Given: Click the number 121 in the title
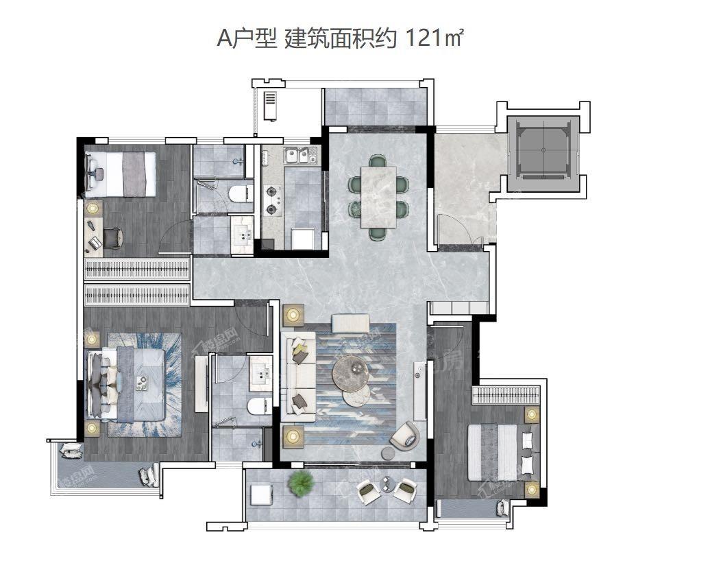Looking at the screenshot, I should pos(425,39).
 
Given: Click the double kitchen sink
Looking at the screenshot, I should pos(300,157).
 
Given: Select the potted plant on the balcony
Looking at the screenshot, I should pos(301,484).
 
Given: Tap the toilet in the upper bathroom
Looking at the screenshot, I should pos(239,194).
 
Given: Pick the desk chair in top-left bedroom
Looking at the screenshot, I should pos(113,238).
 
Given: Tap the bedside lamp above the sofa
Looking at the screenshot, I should pos(294,315).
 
